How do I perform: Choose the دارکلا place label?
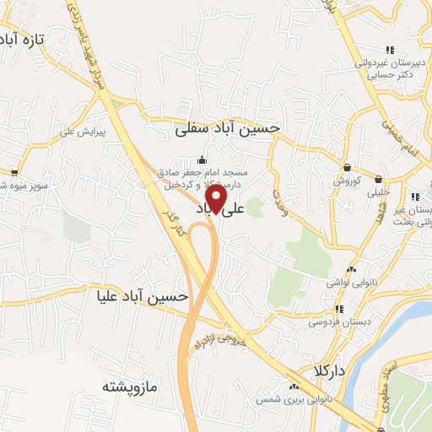pyautogui.click(x=323, y=371)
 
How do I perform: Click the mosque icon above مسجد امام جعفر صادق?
pyautogui.click(x=201, y=160)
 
